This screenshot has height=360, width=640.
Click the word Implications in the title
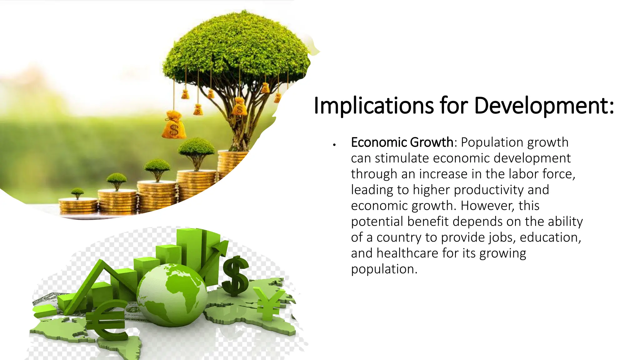pyautogui.click(x=374, y=106)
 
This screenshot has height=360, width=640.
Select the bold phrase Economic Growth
pyautogui.click(x=402, y=142)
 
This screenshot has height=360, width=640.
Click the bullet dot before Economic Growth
pyautogui.click(x=334, y=145)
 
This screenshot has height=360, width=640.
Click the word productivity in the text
pyautogui.click(x=489, y=190)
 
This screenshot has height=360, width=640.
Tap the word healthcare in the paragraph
pyautogui.click(x=407, y=253)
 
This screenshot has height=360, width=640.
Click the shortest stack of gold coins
pyautogui.click(x=78, y=206)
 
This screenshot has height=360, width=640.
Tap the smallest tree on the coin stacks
pyautogui.click(x=77, y=192)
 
